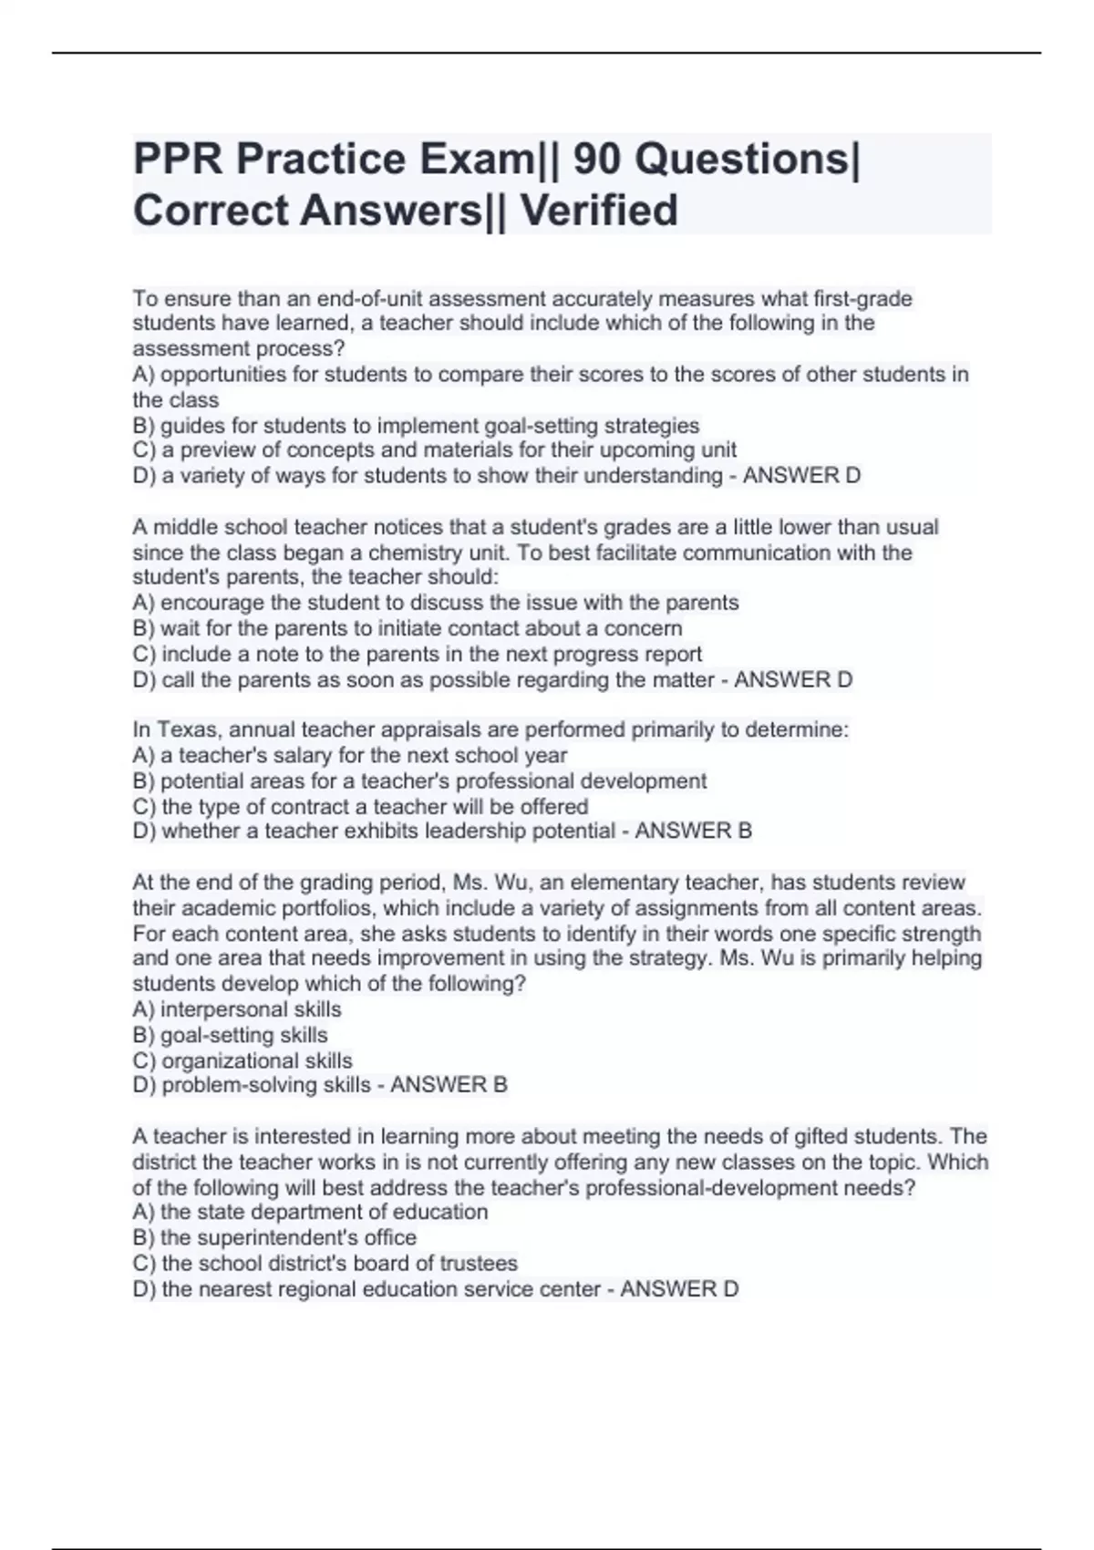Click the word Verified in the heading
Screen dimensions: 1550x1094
tap(599, 211)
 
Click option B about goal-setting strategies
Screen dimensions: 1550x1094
tap(416, 426)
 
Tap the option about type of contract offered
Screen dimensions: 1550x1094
tap(360, 807)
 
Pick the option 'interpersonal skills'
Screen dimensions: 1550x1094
tap(237, 1009)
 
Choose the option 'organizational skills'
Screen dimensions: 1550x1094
tap(243, 1060)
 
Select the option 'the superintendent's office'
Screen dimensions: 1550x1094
tap(274, 1237)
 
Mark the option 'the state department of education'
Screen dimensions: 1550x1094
tap(310, 1212)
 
